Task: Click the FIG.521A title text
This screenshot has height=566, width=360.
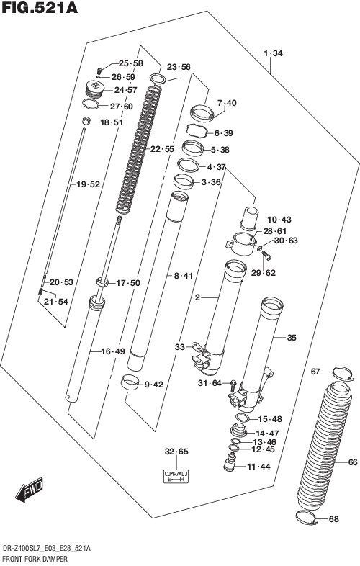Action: [40, 8]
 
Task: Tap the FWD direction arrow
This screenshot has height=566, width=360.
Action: [30, 490]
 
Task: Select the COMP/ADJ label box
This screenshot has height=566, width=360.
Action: [176, 477]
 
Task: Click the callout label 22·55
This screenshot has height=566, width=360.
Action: [162, 149]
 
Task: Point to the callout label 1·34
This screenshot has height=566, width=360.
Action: [273, 54]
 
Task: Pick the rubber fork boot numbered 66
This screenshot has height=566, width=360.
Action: [323, 446]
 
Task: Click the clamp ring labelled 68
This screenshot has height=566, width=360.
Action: [307, 518]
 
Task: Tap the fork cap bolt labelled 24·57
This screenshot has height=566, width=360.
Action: [95, 89]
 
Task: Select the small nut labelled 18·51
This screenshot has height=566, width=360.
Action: [86, 121]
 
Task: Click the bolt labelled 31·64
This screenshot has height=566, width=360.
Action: [233, 387]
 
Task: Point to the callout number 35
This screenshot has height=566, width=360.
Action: [292, 338]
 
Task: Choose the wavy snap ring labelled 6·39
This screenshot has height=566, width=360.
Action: [197, 130]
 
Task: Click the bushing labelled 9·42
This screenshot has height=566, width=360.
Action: [130, 382]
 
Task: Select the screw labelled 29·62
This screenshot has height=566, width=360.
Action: [266, 256]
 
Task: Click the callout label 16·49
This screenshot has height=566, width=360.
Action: [113, 351]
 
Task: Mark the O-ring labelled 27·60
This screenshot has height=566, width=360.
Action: [91, 104]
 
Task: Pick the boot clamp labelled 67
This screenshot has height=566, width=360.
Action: [343, 373]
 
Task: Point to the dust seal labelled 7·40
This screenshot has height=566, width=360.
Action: [202, 112]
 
